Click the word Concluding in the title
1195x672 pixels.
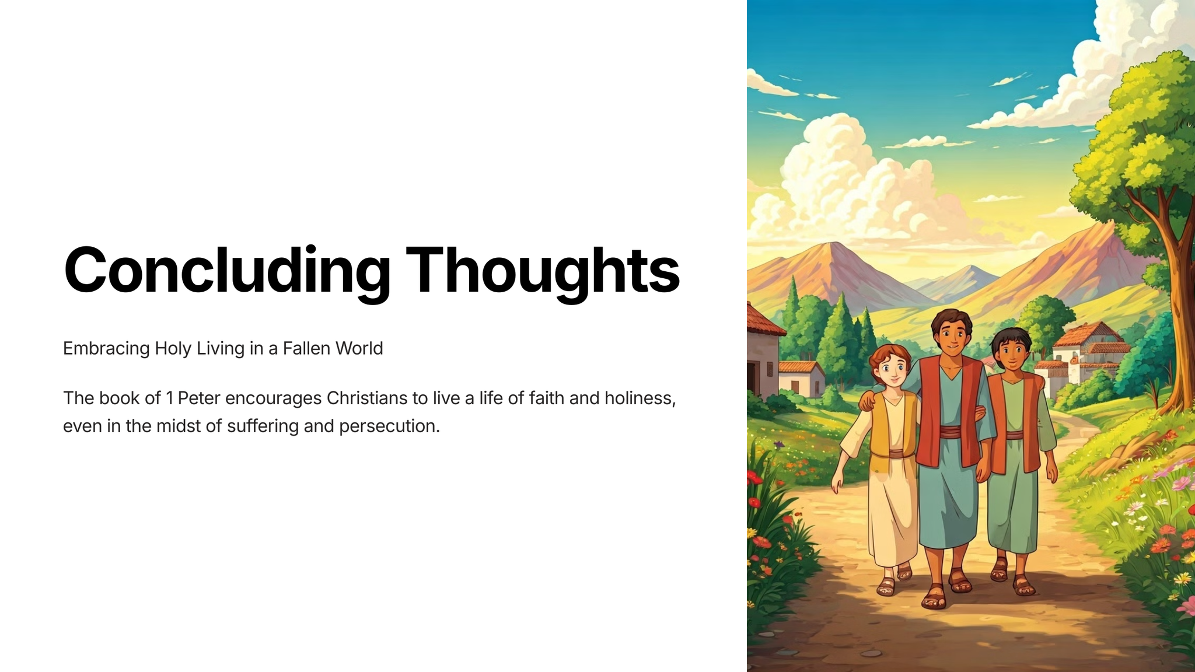(227, 271)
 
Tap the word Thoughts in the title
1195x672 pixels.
(543, 271)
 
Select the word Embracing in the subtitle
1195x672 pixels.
(106, 349)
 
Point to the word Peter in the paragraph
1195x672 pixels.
(199, 398)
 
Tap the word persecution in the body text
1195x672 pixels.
(389, 426)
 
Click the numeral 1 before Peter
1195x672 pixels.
(170, 398)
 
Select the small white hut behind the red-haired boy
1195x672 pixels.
(801, 379)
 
